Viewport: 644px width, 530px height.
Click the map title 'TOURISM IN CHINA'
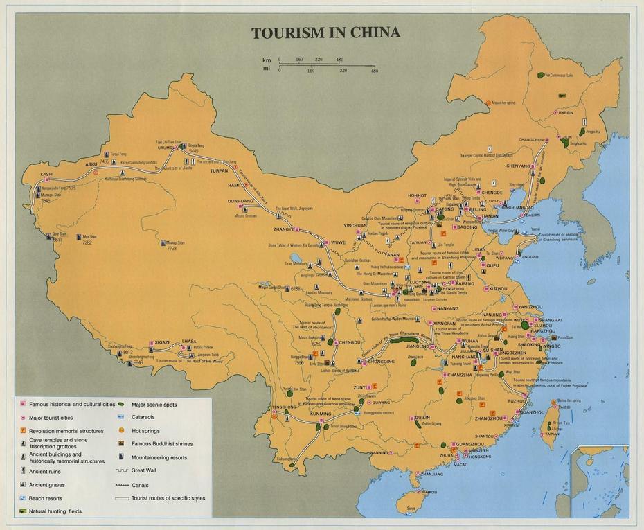[x=325, y=33]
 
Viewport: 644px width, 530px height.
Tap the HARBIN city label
[x=566, y=112]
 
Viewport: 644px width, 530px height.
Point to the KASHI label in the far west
[x=46, y=174]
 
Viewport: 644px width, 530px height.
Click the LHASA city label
[x=189, y=341]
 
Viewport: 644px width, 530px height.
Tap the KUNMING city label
[x=321, y=414]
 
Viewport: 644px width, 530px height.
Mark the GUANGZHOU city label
[x=470, y=443]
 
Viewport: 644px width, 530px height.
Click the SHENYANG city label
[x=517, y=166]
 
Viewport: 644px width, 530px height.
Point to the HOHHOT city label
[x=418, y=195]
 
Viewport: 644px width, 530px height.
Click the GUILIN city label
[x=421, y=418]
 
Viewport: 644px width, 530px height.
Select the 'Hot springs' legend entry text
[x=145, y=430]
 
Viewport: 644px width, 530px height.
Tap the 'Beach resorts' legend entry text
[x=45, y=498]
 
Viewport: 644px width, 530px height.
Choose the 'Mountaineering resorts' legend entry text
[x=159, y=457]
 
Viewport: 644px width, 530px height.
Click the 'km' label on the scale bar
[x=266, y=60]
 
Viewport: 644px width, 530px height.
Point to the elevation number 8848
[x=138, y=362]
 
